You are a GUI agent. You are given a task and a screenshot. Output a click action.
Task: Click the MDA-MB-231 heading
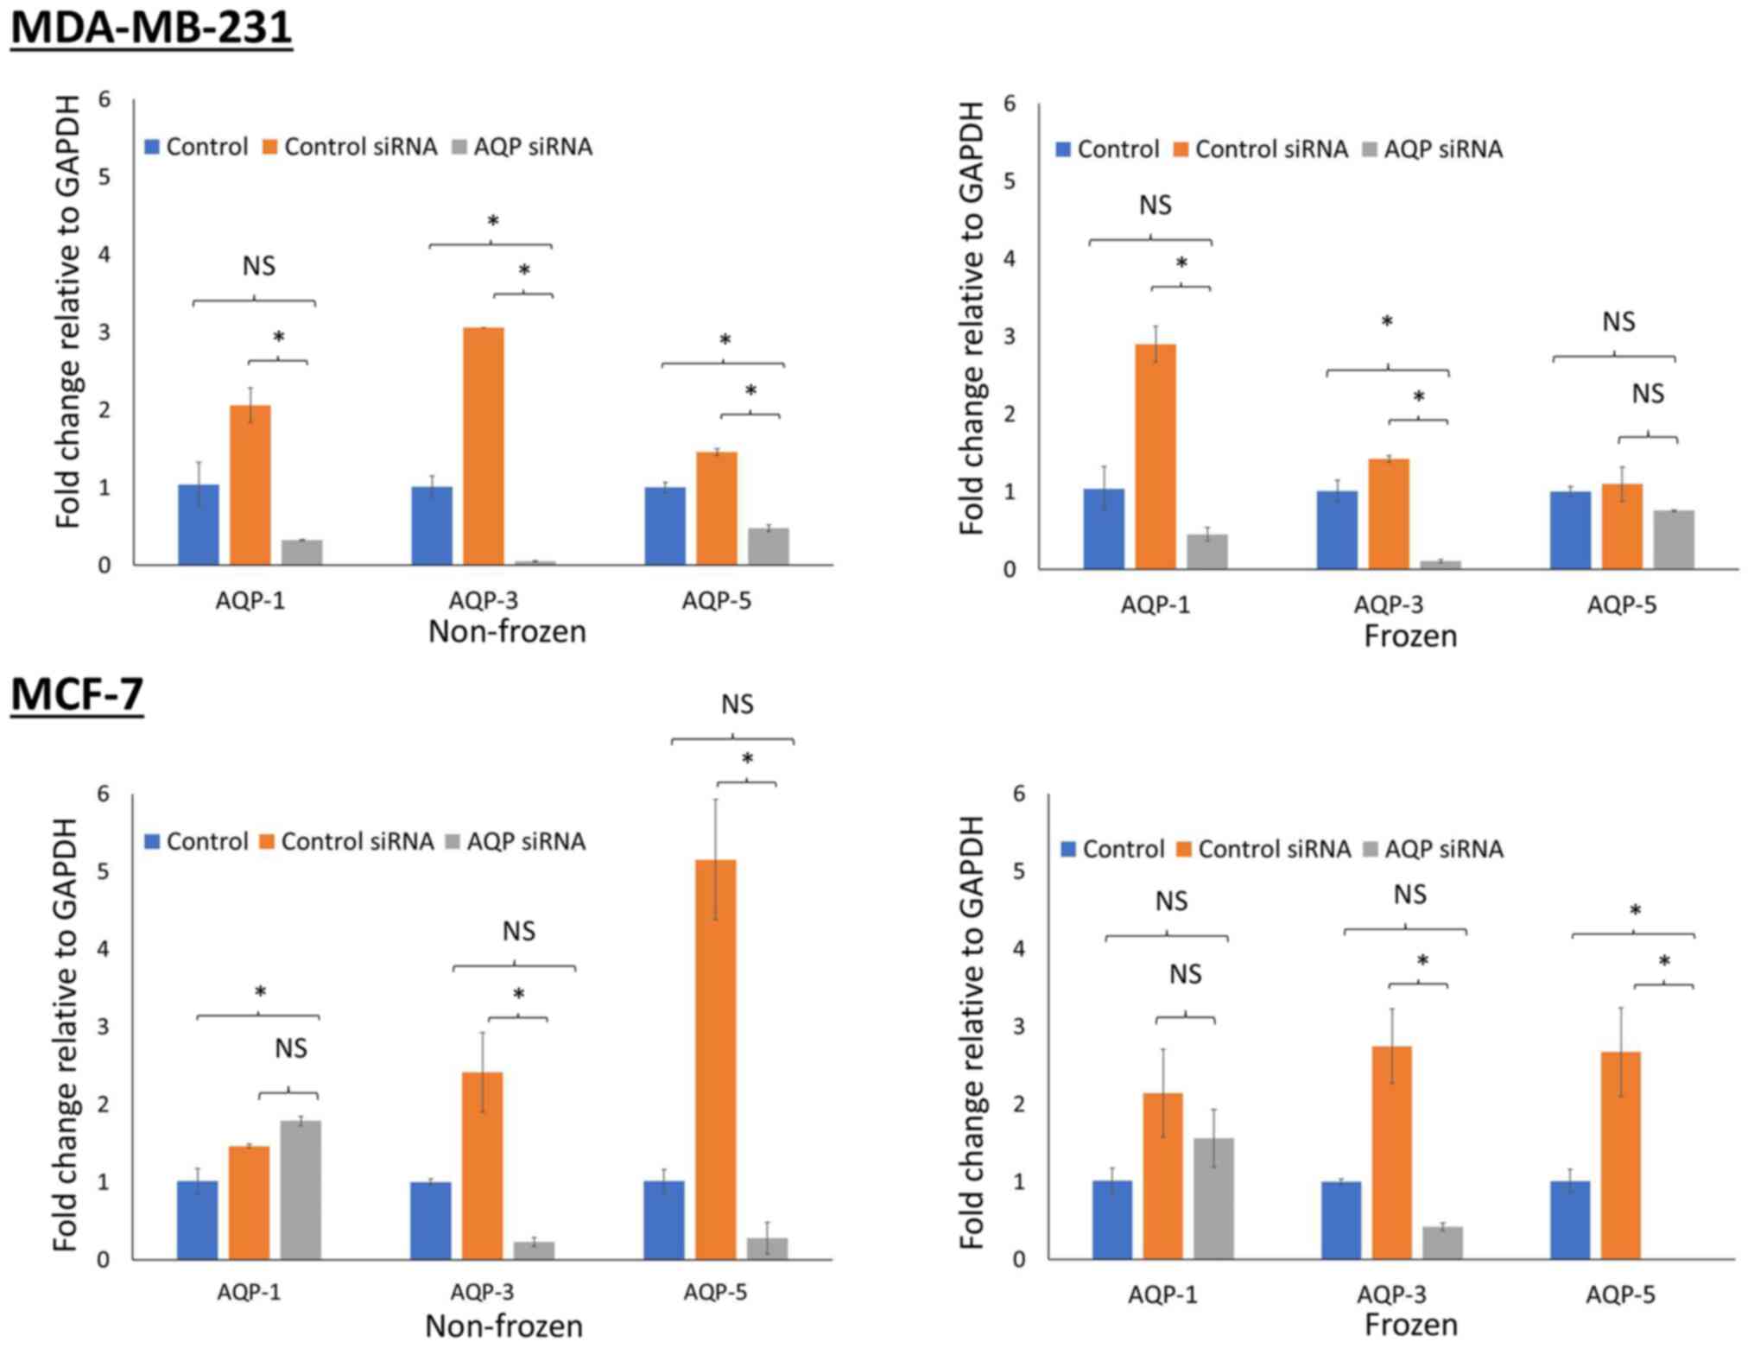click(151, 28)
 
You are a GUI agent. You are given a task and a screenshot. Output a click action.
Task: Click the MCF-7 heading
click(77, 694)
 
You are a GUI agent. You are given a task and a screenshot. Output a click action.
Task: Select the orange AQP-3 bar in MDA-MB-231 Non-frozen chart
click(484, 446)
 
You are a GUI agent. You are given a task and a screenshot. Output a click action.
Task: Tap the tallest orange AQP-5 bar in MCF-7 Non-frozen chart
click(716, 1059)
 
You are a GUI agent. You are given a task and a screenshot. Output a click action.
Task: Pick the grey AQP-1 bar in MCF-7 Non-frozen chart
click(300, 1189)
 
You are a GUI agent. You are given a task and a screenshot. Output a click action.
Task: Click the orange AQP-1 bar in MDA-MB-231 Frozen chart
click(1156, 456)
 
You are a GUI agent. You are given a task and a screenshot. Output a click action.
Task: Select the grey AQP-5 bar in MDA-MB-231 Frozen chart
click(1674, 540)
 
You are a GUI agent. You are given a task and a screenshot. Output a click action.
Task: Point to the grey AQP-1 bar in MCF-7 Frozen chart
click(1213, 1198)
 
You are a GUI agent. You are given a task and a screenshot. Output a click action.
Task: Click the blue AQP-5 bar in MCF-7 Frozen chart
click(1570, 1219)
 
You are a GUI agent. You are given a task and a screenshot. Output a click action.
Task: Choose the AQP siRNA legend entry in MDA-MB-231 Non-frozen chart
click(522, 147)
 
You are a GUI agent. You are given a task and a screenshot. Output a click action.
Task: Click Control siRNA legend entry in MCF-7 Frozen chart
click(1263, 849)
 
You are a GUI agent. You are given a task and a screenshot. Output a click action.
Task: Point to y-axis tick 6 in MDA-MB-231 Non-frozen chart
click(104, 99)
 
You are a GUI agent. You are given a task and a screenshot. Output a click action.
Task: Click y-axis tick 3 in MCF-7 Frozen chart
click(1018, 1026)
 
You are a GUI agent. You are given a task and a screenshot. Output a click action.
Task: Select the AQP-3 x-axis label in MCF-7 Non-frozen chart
click(482, 1292)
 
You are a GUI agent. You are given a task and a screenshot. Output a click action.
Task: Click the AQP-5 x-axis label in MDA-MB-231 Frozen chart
click(1621, 604)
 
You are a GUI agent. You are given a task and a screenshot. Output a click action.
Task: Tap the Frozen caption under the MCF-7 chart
click(1410, 1324)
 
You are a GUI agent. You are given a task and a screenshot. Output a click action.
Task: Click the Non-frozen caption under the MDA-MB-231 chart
click(507, 631)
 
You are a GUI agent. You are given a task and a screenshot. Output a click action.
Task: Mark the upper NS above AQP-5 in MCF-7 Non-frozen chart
click(737, 705)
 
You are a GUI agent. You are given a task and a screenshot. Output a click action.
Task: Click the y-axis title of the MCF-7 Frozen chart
click(972, 1032)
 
